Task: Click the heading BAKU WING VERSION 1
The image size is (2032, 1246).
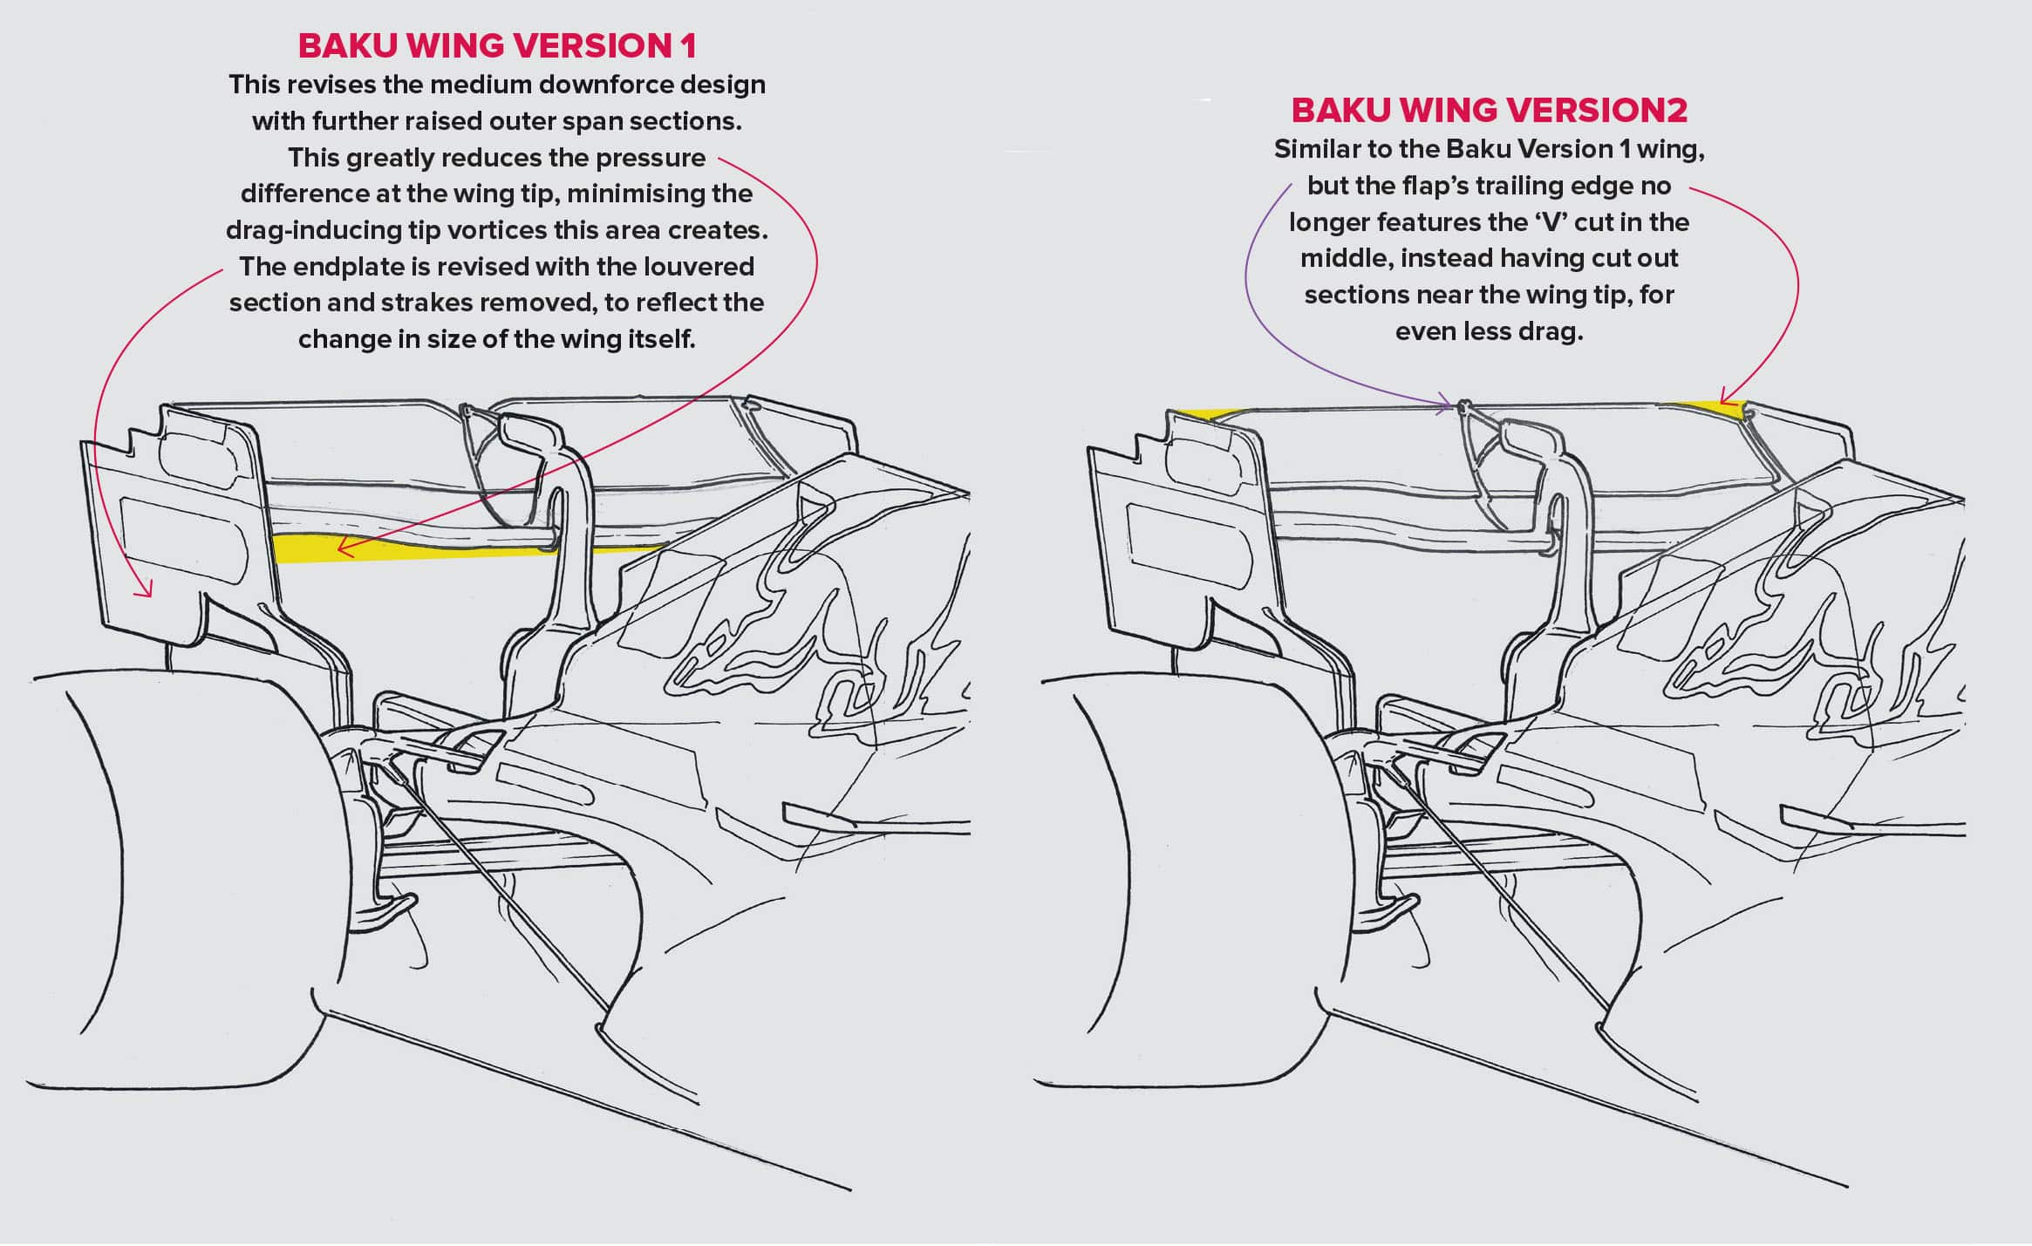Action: point(497,46)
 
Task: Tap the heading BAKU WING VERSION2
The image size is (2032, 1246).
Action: point(1489,111)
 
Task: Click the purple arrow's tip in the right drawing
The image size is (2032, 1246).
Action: point(1451,404)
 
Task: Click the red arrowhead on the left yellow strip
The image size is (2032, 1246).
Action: point(342,549)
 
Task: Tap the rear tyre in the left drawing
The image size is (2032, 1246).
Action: point(174,881)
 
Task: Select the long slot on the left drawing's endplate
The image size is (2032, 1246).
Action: point(183,540)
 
